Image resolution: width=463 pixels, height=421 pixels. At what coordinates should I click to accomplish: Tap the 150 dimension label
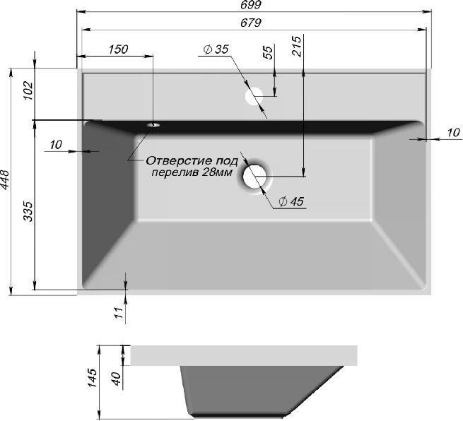pyautogui.click(x=118, y=49)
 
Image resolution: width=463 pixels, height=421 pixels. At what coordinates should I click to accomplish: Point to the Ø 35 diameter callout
pyautogui.click(x=216, y=49)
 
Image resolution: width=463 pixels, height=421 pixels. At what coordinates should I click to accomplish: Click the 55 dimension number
pyautogui.click(x=268, y=54)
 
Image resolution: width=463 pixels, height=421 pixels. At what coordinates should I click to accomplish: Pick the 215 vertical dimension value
pyautogui.click(x=296, y=46)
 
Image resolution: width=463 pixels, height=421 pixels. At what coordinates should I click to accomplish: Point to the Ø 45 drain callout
pyautogui.click(x=290, y=202)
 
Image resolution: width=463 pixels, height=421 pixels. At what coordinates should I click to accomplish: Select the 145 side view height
pyautogui.click(x=92, y=384)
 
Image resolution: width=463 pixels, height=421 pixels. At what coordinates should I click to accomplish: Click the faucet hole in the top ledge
pyautogui.click(x=253, y=96)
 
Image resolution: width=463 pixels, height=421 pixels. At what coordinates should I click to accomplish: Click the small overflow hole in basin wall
pyautogui.click(x=153, y=125)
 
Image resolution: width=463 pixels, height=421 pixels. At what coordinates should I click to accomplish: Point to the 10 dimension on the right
pyautogui.click(x=454, y=132)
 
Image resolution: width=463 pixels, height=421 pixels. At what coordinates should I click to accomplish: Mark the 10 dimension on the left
pyautogui.click(x=57, y=145)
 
